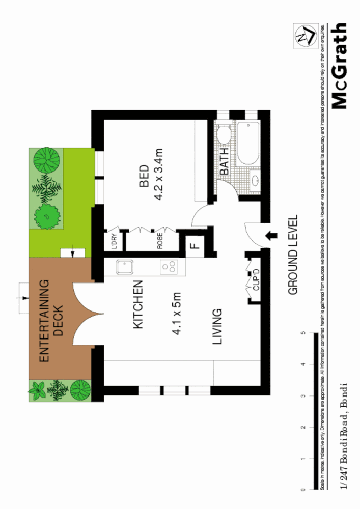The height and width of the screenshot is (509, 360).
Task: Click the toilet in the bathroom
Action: [x=223, y=135]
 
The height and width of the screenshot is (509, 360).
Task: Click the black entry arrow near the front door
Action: [x=271, y=235]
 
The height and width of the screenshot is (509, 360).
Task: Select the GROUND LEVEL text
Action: [x=293, y=254]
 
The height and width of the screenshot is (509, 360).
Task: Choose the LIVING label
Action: [x=217, y=326]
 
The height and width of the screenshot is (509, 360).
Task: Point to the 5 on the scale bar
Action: [x=303, y=333]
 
